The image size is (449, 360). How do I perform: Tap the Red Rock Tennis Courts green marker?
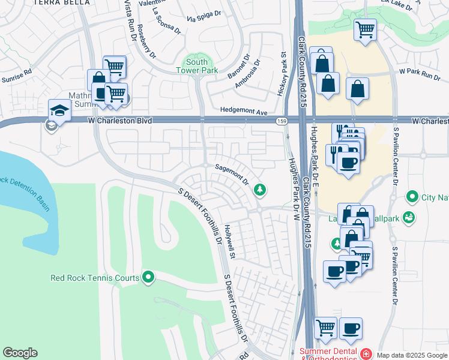[x=148, y=277]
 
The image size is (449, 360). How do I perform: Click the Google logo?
[x=20, y=353]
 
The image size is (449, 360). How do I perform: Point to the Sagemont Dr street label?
[x=232, y=175]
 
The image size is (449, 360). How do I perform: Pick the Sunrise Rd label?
[x=16, y=76]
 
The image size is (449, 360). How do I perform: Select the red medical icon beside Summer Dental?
[x=366, y=353]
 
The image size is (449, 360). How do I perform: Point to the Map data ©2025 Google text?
[x=411, y=355]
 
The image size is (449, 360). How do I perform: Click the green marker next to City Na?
[x=412, y=196]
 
